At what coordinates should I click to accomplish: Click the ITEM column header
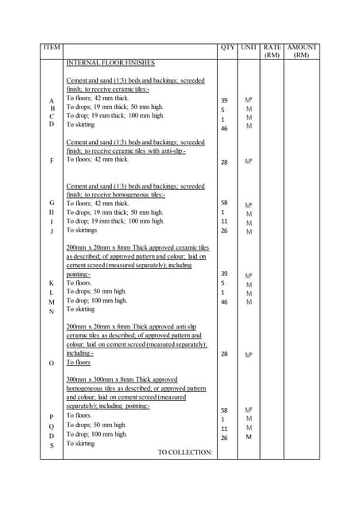click(x=52, y=48)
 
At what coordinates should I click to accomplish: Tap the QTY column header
click(x=226, y=48)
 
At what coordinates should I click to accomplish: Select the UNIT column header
click(x=249, y=48)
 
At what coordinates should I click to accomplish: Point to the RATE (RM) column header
click(x=273, y=52)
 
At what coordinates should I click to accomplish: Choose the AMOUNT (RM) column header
click(x=302, y=52)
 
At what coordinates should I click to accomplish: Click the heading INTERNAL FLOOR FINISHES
click(x=110, y=62)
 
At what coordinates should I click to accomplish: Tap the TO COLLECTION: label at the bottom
click(x=185, y=453)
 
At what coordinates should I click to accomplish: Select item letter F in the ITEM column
click(x=52, y=161)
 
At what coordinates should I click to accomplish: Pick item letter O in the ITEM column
click(x=52, y=363)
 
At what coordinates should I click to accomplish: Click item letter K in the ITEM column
click(x=52, y=283)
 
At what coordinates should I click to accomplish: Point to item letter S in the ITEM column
click(x=52, y=445)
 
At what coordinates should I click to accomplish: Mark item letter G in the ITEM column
click(x=52, y=203)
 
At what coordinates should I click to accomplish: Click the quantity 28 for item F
click(x=224, y=161)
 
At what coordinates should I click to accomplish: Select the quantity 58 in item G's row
click(x=224, y=203)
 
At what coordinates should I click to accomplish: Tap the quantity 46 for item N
click(x=224, y=302)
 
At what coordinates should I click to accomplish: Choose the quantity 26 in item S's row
click(x=224, y=437)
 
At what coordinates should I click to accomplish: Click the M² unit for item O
click(x=249, y=355)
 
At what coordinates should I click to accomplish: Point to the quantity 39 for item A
click(x=224, y=100)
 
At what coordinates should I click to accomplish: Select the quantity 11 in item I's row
click(x=224, y=222)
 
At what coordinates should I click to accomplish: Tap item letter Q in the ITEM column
click(x=52, y=426)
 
